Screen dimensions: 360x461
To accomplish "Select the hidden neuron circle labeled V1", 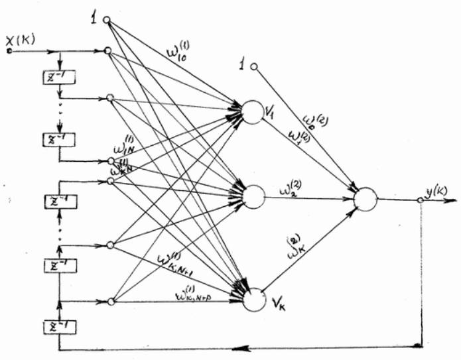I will click(252, 111).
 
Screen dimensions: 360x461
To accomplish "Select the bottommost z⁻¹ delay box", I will click(58, 326).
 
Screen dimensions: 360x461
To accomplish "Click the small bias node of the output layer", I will click(253, 66).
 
